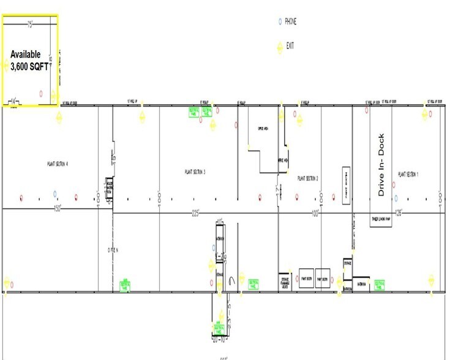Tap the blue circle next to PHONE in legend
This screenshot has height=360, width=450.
coord(280,21)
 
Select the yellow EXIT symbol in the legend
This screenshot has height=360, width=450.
coord(280,45)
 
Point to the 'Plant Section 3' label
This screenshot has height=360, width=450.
coord(195,172)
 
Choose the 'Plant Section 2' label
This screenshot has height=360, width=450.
coord(309,178)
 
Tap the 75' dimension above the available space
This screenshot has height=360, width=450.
coord(29,24)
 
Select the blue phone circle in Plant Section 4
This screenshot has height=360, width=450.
coord(55,194)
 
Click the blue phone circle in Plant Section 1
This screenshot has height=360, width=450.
coord(396,197)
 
